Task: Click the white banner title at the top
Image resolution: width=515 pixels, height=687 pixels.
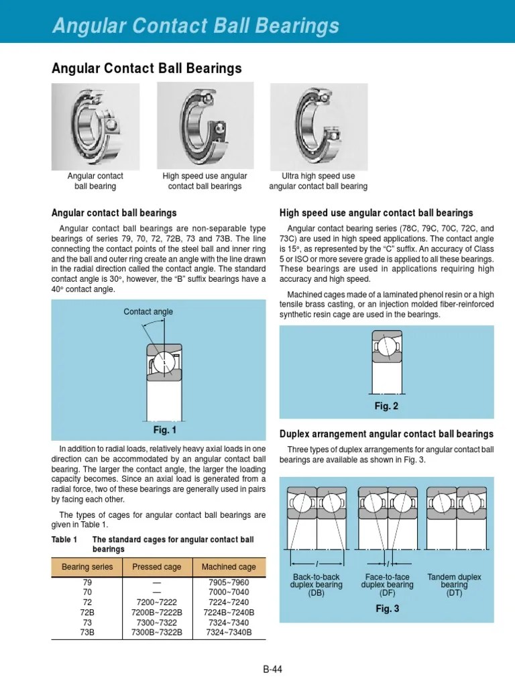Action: [x=196, y=26]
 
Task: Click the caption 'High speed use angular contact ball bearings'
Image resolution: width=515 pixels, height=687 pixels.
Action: [x=205, y=181]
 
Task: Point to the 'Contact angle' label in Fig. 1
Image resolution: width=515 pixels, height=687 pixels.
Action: [x=148, y=311]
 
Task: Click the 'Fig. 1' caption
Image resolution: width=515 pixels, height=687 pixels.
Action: [x=165, y=430]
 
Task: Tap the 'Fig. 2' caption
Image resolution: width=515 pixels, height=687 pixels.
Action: [x=386, y=406]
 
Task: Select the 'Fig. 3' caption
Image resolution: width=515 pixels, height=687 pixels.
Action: [x=387, y=609]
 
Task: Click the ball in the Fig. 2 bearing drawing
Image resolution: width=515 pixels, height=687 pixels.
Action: [x=386, y=347]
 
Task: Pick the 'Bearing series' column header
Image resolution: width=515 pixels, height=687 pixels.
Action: [x=87, y=567]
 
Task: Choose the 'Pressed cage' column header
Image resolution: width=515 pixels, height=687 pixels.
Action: [x=157, y=567]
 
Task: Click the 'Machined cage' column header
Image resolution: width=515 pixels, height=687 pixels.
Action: [x=229, y=567]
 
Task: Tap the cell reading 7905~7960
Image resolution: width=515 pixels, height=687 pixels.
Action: [x=229, y=583]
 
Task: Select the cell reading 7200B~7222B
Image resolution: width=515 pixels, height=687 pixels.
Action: [x=157, y=613]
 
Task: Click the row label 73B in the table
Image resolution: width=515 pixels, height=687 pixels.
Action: [x=87, y=632]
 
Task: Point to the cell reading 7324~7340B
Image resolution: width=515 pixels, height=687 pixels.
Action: [x=229, y=632]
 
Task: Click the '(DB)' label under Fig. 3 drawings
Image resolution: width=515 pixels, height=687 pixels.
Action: [x=316, y=593]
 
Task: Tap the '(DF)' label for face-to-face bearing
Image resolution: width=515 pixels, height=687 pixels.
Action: [x=387, y=593]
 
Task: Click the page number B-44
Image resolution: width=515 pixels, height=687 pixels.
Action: [x=272, y=669]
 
